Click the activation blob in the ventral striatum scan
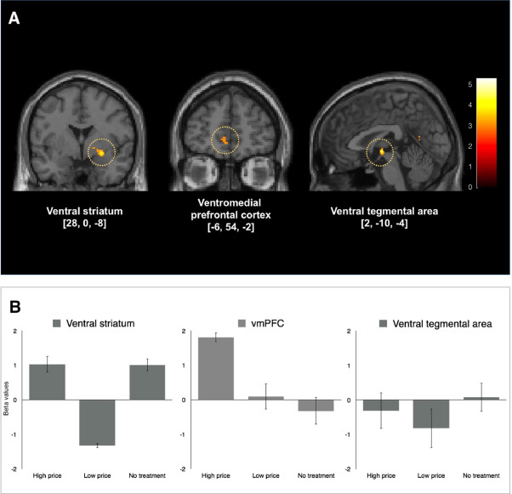click(x=102, y=151)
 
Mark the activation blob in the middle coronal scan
click(x=225, y=138)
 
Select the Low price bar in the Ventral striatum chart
click(x=98, y=423)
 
